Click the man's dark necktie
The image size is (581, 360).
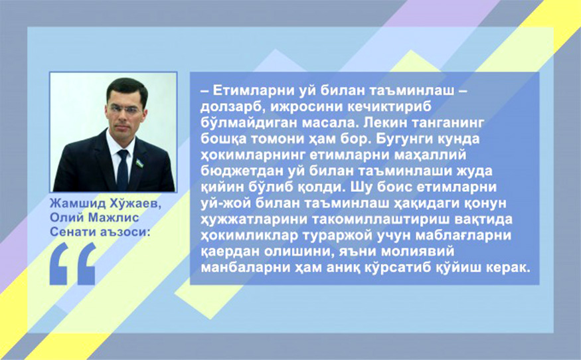pos(122,171)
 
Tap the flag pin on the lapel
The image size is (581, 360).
pos(139,163)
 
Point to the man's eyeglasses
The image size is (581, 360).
pos(125,110)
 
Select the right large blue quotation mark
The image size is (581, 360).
pos(86,264)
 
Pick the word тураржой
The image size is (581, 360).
pos(340,236)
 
